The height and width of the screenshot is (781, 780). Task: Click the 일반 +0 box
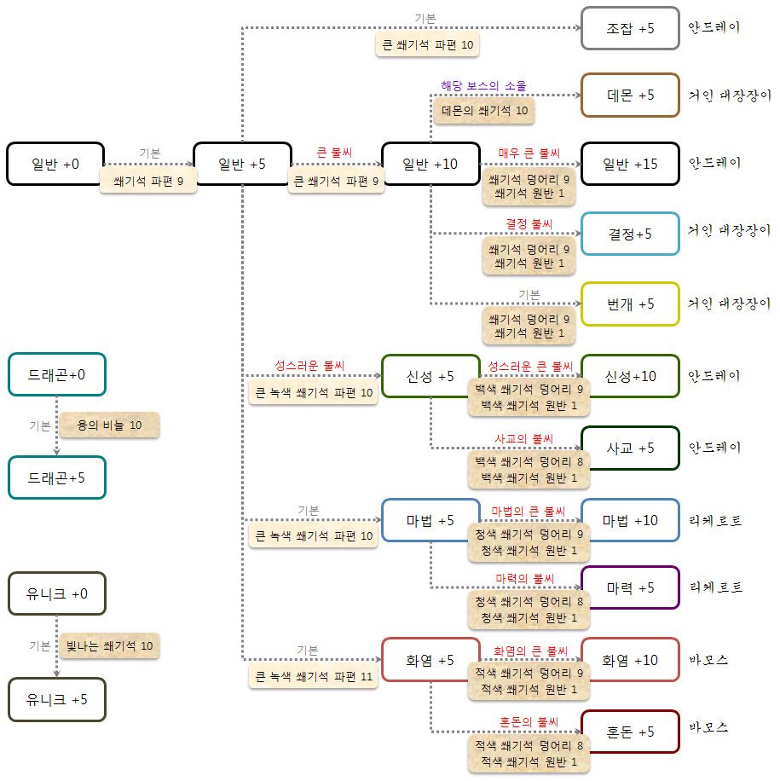coord(55,164)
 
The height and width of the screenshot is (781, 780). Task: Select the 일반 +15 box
coord(630,164)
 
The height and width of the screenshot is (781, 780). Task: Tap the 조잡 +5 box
coord(630,28)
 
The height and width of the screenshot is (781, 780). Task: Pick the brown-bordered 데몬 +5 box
coord(630,95)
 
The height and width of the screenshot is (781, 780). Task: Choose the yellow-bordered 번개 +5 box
coord(630,304)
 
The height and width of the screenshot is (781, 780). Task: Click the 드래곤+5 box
coord(56,477)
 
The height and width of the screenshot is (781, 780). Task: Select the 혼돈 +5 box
coord(630,732)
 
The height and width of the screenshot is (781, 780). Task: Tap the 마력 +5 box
coord(630,587)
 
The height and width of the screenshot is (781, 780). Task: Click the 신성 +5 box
coord(430,376)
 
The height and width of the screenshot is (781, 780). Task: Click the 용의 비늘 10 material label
coord(109,425)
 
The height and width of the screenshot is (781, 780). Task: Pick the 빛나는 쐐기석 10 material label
coord(109,645)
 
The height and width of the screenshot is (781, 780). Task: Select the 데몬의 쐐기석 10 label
coord(484,110)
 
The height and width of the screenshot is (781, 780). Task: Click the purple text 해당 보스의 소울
coord(483,86)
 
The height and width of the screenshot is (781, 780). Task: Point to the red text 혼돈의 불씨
coord(528,721)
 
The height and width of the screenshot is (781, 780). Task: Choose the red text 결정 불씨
coord(529,224)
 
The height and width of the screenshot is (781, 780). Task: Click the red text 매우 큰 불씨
coord(529,153)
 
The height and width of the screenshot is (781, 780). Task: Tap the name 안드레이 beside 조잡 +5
coord(714,27)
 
